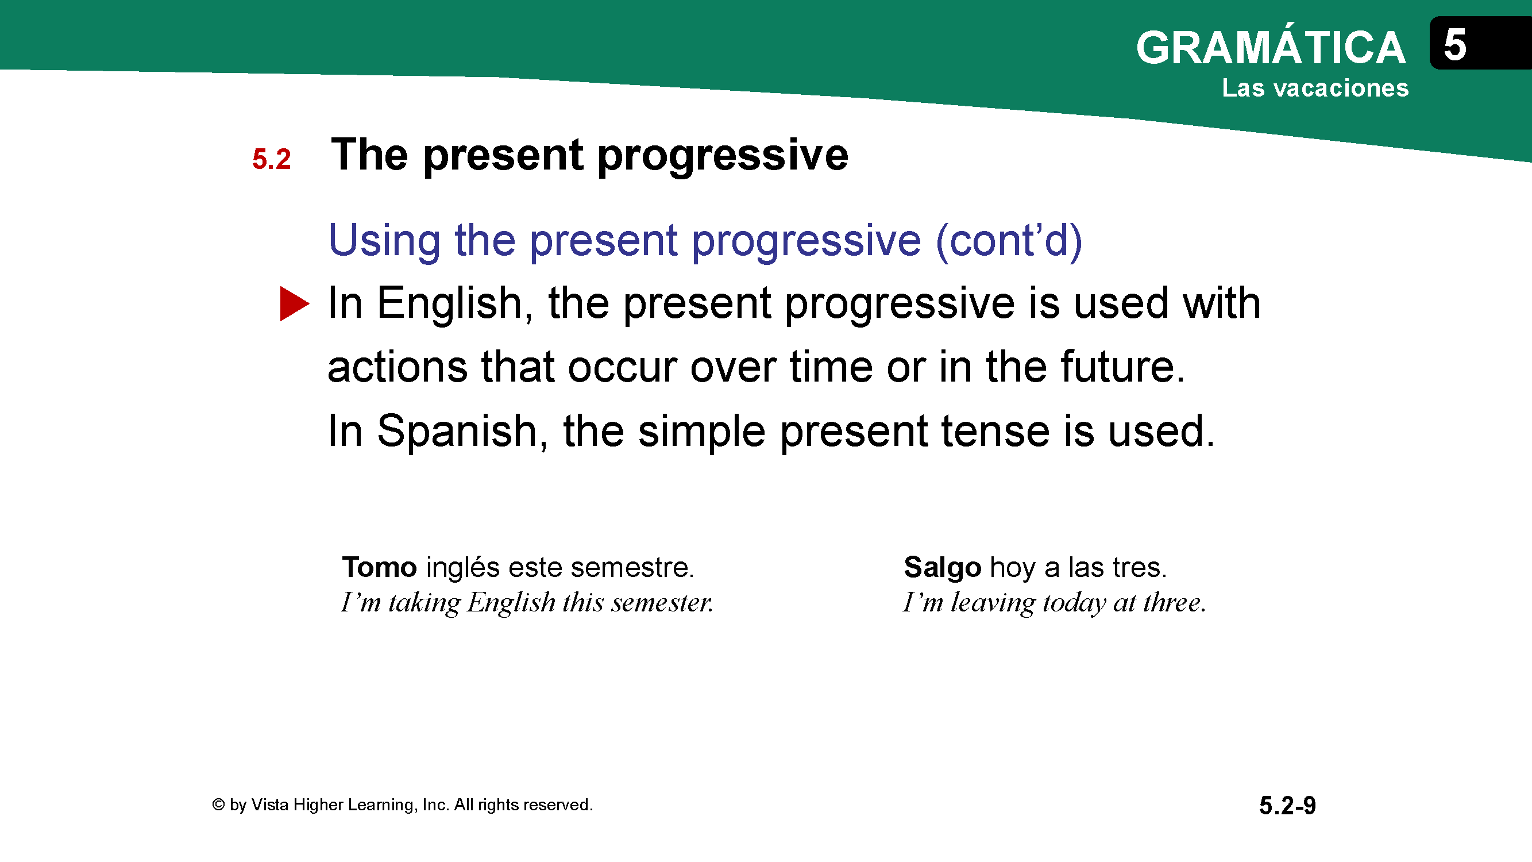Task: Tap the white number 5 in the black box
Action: click(x=1454, y=45)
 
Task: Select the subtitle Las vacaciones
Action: click(x=1315, y=88)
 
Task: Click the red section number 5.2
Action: click(x=271, y=159)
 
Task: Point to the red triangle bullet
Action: click(x=294, y=304)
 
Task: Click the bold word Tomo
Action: click(x=380, y=567)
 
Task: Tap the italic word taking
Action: click(x=425, y=603)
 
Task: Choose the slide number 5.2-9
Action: click(x=1287, y=806)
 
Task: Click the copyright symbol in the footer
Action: click(x=218, y=805)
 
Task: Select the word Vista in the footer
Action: click(x=270, y=805)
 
